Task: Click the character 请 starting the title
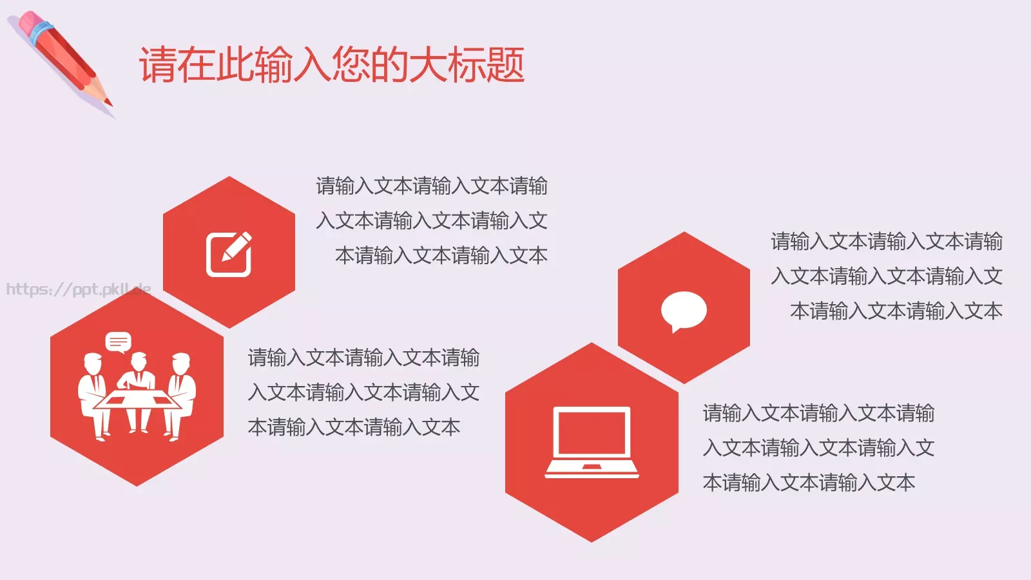[x=158, y=65]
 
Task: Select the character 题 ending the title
[x=506, y=65]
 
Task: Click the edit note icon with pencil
[x=229, y=253]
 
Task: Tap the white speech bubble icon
[x=684, y=311]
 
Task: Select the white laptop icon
[x=592, y=443]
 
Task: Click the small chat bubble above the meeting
[x=118, y=342]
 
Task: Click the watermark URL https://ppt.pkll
[x=78, y=289]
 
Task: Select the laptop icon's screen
[x=592, y=432]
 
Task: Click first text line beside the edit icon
[x=431, y=186]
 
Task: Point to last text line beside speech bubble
[x=896, y=311]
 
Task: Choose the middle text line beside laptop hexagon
[x=818, y=448]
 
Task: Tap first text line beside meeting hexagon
[x=363, y=358]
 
